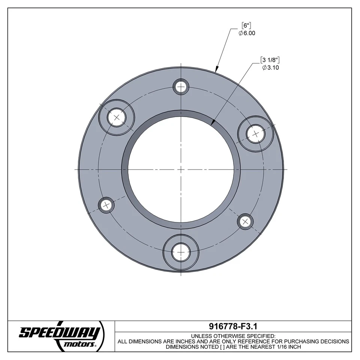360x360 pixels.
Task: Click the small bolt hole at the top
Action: pyautogui.click(x=181, y=87)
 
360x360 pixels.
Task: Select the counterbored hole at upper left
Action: pyautogui.click(x=116, y=117)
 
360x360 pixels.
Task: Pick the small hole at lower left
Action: pyautogui.click(x=106, y=205)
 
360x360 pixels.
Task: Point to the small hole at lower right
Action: pyautogui.click(x=246, y=221)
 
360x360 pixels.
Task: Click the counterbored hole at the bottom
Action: pyautogui.click(x=181, y=252)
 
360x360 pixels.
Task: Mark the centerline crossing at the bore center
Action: pyautogui.click(x=181, y=169)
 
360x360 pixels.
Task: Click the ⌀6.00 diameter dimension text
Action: pyautogui.click(x=247, y=33)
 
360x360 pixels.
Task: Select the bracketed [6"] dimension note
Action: pyautogui.click(x=246, y=26)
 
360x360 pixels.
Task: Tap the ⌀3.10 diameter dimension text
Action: pyautogui.click(x=271, y=67)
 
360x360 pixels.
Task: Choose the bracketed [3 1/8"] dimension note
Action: pyautogui.click(x=271, y=60)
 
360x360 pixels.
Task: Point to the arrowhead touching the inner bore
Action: pyautogui.click(x=213, y=122)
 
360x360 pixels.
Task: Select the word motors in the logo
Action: pyautogui.click(x=79, y=344)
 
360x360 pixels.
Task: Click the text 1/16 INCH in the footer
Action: pyautogui.click(x=286, y=347)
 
